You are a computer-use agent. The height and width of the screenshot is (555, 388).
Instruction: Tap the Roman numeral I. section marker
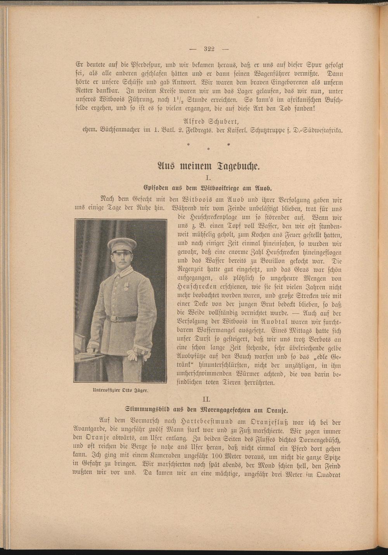208,178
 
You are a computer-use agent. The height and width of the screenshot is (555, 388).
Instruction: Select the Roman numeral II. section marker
208,399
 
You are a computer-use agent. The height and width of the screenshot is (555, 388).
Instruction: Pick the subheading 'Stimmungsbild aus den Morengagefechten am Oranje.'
208,409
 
